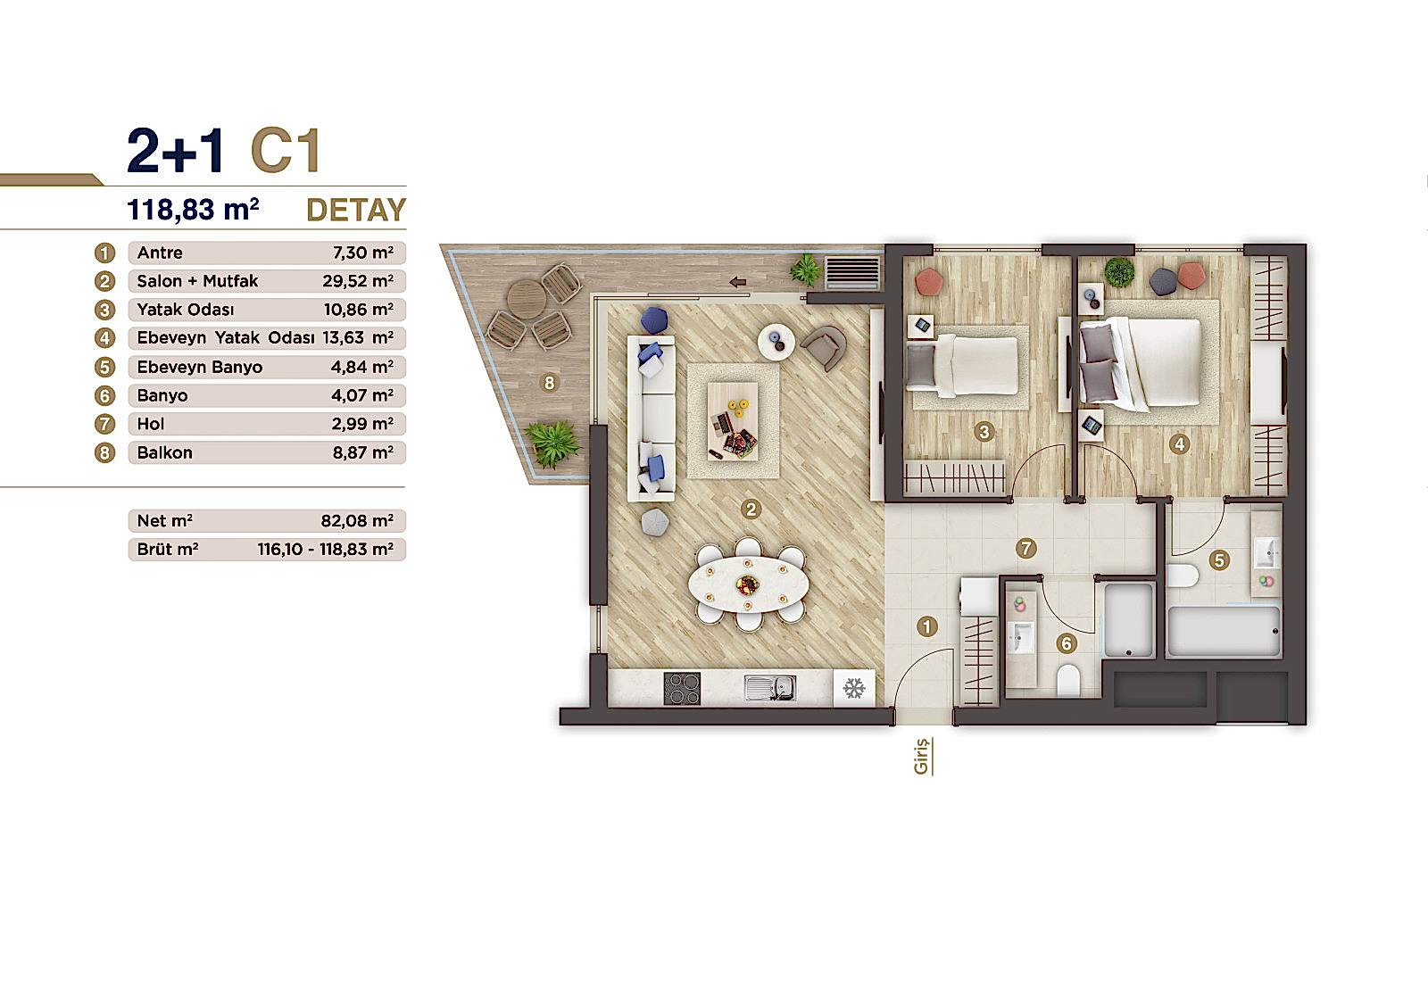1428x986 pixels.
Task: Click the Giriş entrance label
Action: pyautogui.click(x=922, y=756)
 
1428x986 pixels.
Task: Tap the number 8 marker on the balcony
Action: pyautogui.click(x=549, y=383)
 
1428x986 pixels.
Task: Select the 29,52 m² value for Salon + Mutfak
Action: pyautogui.click(x=358, y=281)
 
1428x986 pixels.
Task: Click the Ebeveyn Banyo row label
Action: pyautogui.click(x=199, y=367)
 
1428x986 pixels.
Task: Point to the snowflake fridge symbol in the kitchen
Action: pyautogui.click(x=854, y=689)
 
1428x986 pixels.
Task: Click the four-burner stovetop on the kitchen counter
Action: pyautogui.click(x=682, y=689)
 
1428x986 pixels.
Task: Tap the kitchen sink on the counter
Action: pyautogui.click(x=770, y=688)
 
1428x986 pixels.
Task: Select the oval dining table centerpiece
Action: pyautogui.click(x=748, y=584)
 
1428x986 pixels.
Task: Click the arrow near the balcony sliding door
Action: pyautogui.click(x=737, y=283)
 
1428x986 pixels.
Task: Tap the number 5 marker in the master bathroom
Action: pyautogui.click(x=1219, y=560)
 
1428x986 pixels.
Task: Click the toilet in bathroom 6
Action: pyautogui.click(x=1068, y=681)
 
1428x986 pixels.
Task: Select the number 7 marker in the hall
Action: pyautogui.click(x=1026, y=548)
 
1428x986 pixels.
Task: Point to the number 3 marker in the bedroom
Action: pyautogui.click(x=984, y=433)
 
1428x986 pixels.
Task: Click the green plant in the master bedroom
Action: pyautogui.click(x=1118, y=271)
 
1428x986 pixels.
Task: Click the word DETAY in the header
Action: pyautogui.click(x=355, y=210)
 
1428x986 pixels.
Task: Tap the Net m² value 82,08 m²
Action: pyautogui.click(x=357, y=520)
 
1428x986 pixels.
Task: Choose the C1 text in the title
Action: pyautogui.click(x=286, y=151)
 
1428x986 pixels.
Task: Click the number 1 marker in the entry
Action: pyautogui.click(x=926, y=626)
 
